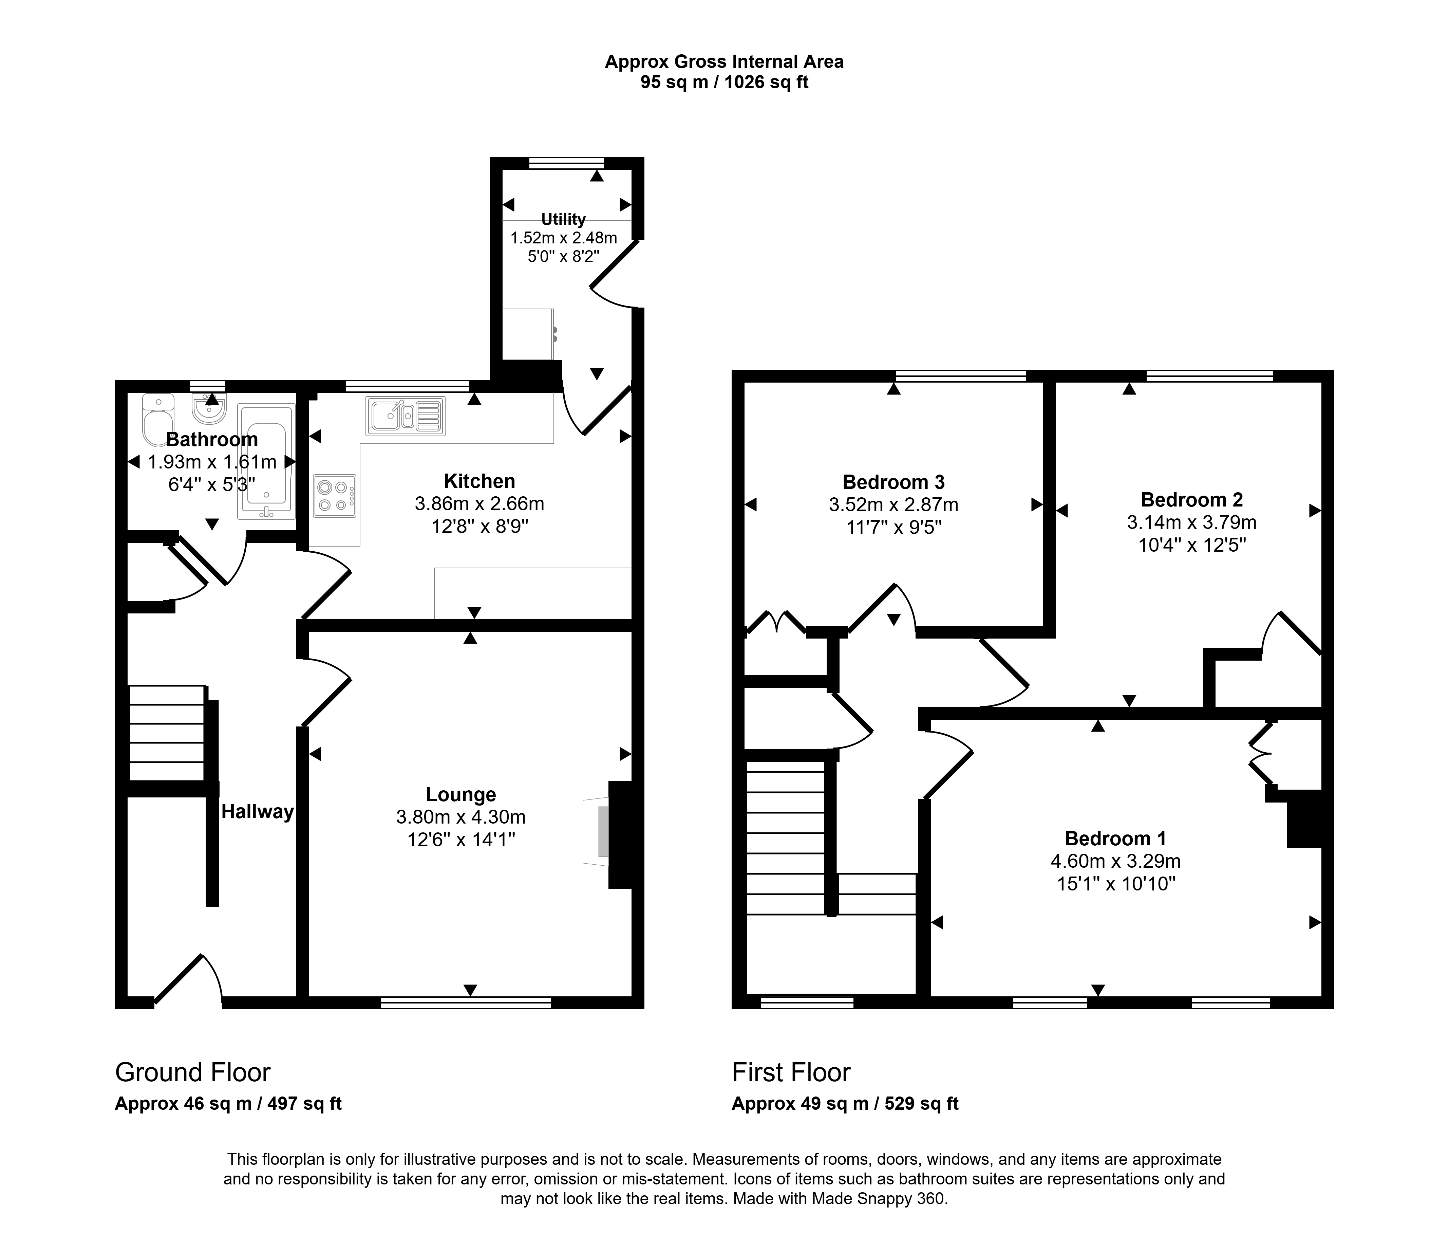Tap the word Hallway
(257, 811)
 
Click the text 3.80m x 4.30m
(461, 816)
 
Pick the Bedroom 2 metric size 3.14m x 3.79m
(1192, 522)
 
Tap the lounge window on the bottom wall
(466, 1002)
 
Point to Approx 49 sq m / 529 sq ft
(845, 1103)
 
